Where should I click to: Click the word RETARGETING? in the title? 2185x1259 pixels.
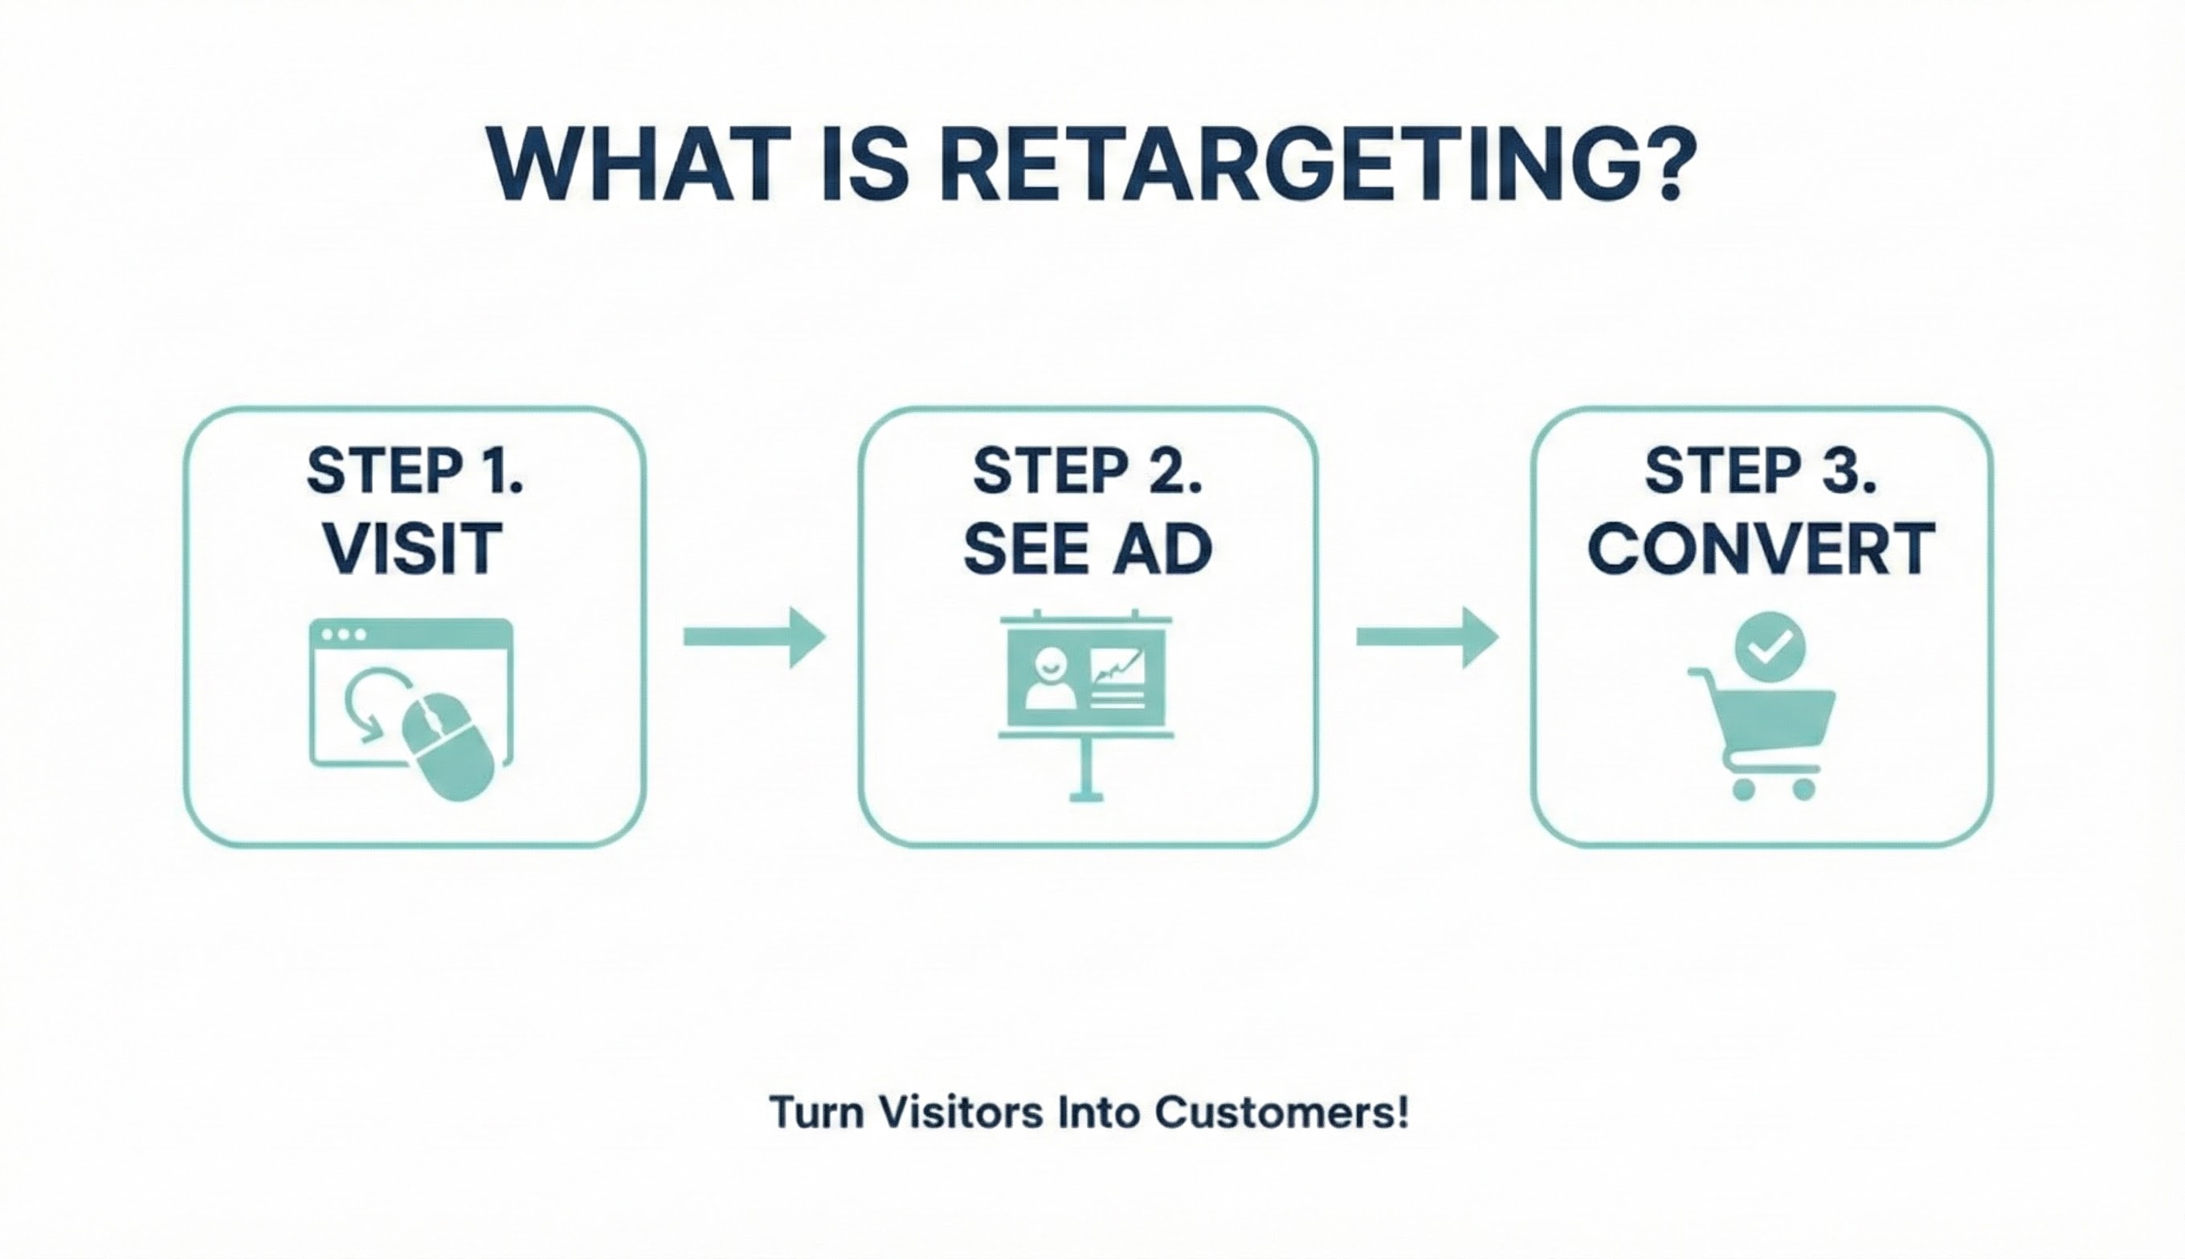tap(1320, 165)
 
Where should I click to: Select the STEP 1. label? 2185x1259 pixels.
tap(415, 471)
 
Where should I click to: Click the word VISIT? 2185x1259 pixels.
tap(414, 548)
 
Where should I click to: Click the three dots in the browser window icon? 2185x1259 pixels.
tap(342, 634)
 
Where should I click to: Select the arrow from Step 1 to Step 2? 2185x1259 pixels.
tap(754, 638)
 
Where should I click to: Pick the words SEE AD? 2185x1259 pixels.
tap(1088, 548)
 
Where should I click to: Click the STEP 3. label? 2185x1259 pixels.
tap(1759, 471)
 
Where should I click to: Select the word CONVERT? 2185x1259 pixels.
tap(1761, 548)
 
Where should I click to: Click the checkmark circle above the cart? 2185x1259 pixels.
tap(1770, 646)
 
